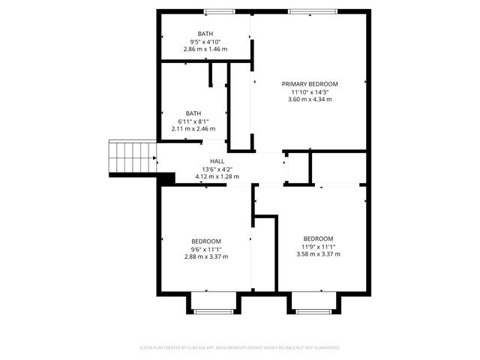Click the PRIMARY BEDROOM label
310,83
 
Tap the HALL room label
217,161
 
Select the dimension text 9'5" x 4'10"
205,41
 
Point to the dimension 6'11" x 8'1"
193,121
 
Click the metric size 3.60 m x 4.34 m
310,99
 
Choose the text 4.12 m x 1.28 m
217,177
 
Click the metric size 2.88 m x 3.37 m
205,256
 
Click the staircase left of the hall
132,156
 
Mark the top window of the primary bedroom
301,11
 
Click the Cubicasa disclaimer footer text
240,347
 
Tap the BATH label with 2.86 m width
205,34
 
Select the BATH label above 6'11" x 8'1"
193,113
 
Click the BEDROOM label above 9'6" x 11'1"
205,241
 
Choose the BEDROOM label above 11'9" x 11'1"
319,238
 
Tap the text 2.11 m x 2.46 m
193,129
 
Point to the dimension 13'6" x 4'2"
217,169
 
